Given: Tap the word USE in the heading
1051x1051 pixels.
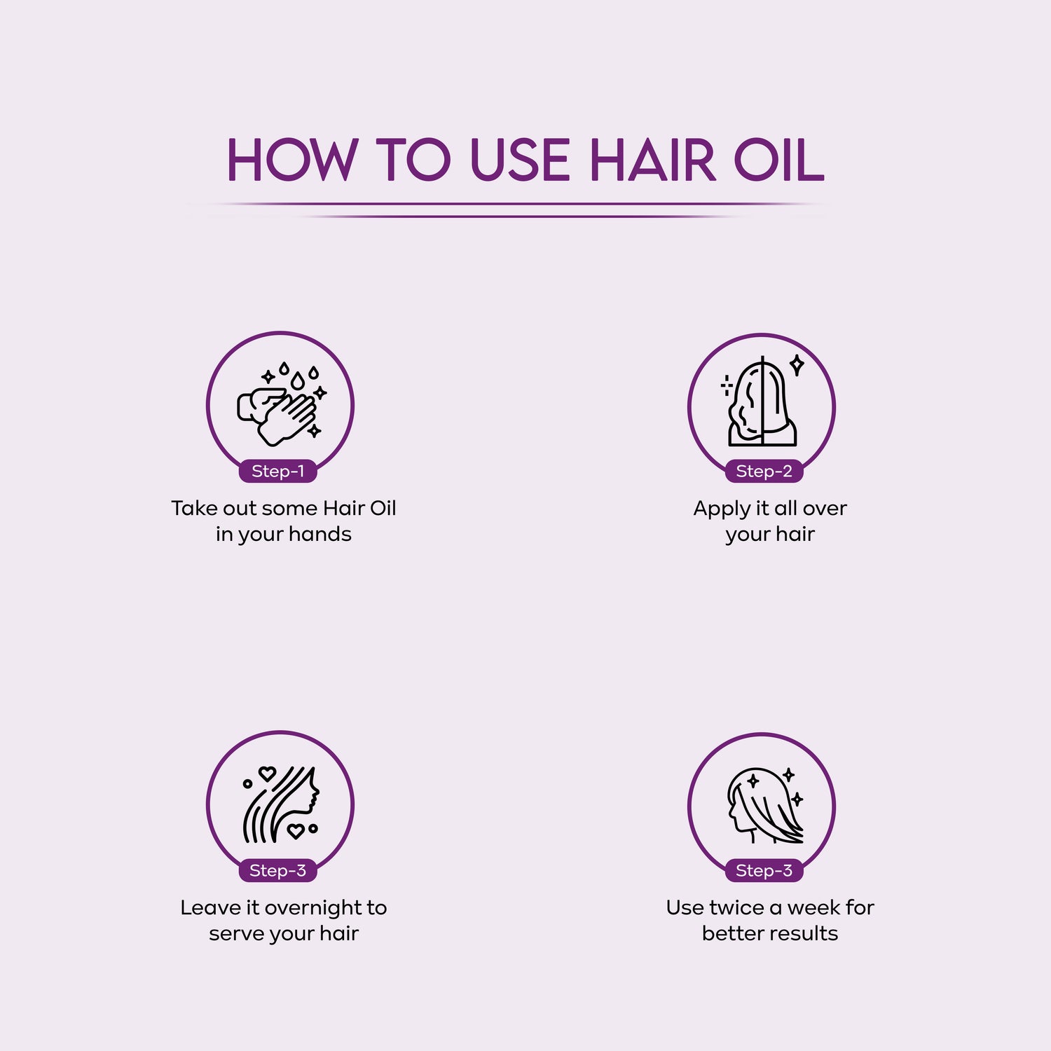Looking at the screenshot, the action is pyautogui.click(x=520, y=160).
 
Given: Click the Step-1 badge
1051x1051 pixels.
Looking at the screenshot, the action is pyautogui.click(x=278, y=472).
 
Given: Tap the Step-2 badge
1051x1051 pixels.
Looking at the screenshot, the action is pyautogui.click(x=764, y=472).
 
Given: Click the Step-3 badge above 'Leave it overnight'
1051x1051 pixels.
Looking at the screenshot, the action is pyautogui.click(x=278, y=871).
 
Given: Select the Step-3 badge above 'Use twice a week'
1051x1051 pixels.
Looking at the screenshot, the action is pyautogui.click(x=764, y=871).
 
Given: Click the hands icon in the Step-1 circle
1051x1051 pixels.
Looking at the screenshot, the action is pyautogui.click(x=277, y=415).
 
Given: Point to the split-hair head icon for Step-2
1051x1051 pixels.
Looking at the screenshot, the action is pyautogui.click(x=762, y=402).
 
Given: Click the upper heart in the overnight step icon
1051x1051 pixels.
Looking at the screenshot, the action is pyautogui.click(x=267, y=774).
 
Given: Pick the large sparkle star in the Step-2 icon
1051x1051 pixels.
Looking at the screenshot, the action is pyautogui.click(x=797, y=365).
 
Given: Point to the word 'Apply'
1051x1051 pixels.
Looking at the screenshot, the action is pyautogui.click(x=722, y=509).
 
